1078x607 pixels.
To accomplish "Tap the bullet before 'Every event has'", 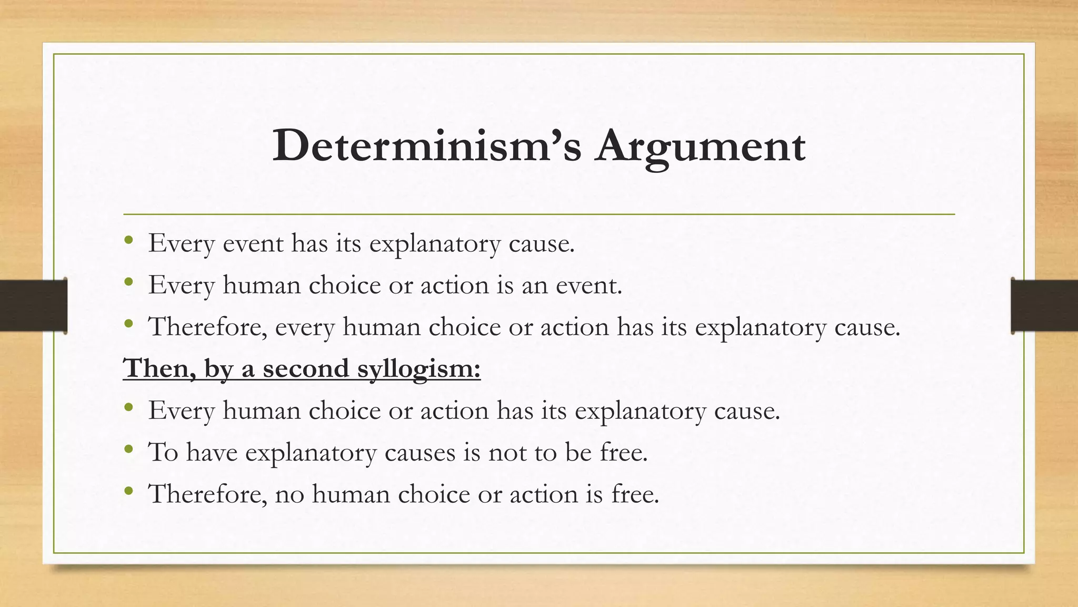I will point(129,241).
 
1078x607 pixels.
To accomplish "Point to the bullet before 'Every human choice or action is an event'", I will point(129,283).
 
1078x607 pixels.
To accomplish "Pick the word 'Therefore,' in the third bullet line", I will point(208,327).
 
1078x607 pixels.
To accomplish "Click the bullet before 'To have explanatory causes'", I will point(129,449).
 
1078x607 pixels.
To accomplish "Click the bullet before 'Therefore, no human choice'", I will point(129,491).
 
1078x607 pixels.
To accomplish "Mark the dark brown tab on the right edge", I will point(1044,306).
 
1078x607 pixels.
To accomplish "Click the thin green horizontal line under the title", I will point(539,214).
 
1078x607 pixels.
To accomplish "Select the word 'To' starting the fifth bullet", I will point(163,452).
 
